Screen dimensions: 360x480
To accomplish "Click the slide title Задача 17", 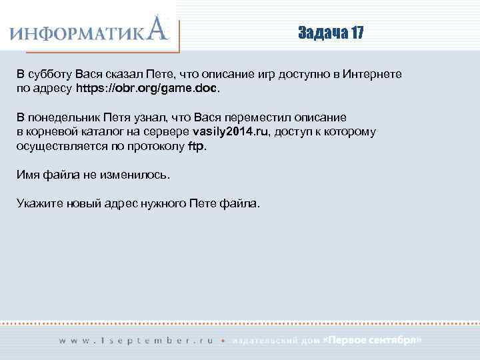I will (331, 34).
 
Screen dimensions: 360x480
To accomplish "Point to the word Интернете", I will (373, 74).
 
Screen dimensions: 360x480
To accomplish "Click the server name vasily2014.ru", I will (229, 131).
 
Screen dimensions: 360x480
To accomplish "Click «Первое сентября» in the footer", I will (371, 340).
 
